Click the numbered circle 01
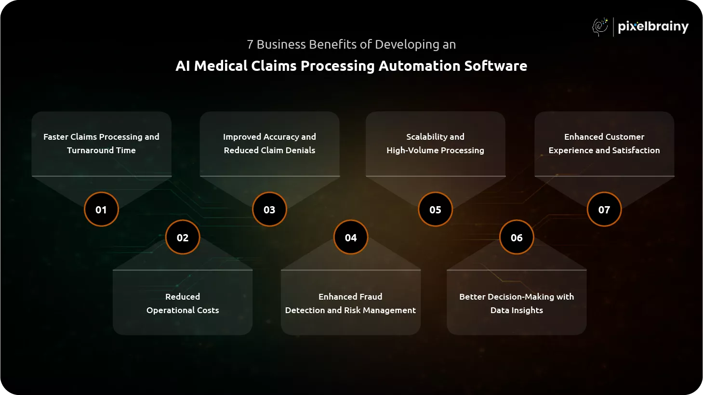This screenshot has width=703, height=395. [x=101, y=210]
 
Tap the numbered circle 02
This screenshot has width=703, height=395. [x=183, y=237]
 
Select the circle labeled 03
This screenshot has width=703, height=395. [x=269, y=210]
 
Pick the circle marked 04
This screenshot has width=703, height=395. [x=351, y=237]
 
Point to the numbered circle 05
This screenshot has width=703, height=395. [x=435, y=210]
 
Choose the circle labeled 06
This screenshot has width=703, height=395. [x=517, y=237]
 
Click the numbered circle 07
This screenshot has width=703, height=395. [x=604, y=210]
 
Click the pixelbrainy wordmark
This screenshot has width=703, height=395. [x=653, y=26]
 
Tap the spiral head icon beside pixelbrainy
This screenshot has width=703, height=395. [x=600, y=26]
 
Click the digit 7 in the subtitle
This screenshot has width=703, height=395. [x=250, y=45]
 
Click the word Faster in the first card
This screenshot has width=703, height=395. [x=56, y=137]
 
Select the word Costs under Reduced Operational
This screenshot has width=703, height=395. [x=208, y=310]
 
